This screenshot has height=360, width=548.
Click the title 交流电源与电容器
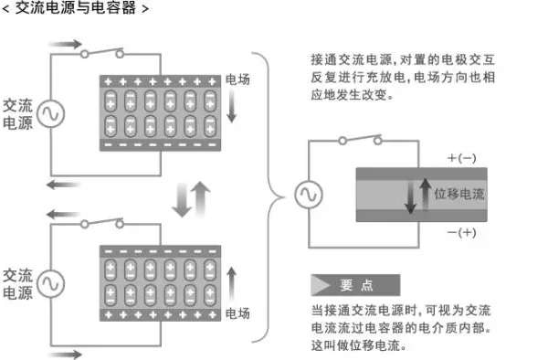(x=76, y=7)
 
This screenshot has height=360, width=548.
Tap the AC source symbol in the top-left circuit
(x=50, y=113)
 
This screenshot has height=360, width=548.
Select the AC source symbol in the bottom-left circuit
(x=50, y=284)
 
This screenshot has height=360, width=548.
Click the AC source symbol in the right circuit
(x=309, y=195)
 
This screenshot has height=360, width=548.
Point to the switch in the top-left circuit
(x=102, y=53)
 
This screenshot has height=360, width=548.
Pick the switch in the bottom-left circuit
(x=102, y=223)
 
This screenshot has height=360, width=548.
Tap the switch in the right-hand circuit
(x=361, y=140)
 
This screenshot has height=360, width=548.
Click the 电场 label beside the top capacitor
(x=237, y=79)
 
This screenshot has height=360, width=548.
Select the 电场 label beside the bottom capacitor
(x=237, y=313)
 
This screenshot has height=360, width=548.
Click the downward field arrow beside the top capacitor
(x=231, y=106)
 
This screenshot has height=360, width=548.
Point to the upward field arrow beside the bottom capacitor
(x=231, y=284)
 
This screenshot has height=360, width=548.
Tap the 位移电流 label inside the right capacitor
(x=459, y=194)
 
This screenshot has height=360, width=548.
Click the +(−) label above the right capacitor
(x=461, y=158)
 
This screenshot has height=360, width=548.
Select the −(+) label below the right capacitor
(x=461, y=232)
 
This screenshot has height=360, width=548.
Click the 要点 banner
(x=355, y=285)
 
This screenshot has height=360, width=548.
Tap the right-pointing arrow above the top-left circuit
(x=66, y=44)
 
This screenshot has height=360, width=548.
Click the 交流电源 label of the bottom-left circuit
(x=17, y=284)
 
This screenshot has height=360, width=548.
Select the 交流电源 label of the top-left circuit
(x=17, y=114)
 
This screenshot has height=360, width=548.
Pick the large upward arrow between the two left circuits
(x=201, y=199)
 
